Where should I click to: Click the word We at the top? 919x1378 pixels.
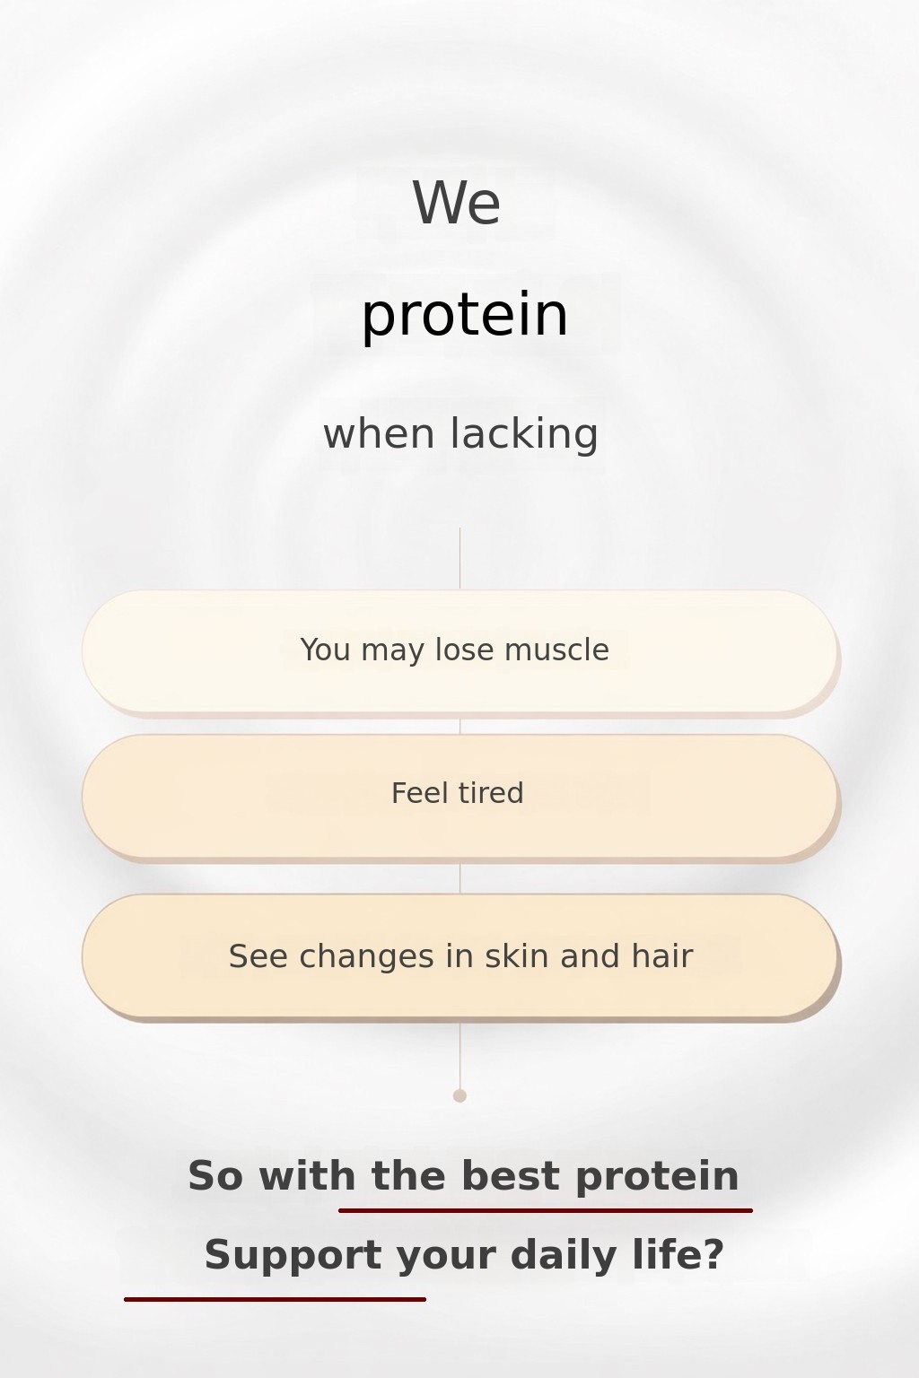(x=456, y=203)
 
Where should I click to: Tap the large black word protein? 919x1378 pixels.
(x=464, y=315)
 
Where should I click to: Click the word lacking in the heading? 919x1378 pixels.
(x=524, y=433)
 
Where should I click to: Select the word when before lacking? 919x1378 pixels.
(x=379, y=433)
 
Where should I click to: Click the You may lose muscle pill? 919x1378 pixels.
(x=460, y=652)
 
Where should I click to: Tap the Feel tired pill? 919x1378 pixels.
(x=460, y=798)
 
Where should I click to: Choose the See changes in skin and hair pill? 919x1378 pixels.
(x=460, y=957)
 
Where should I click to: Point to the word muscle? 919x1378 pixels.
(x=556, y=650)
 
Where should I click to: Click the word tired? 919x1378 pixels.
(x=490, y=792)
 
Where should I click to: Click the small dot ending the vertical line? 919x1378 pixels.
(x=459, y=1095)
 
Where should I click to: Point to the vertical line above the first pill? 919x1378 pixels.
(x=459, y=558)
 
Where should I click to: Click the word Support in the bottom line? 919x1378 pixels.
(x=293, y=1256)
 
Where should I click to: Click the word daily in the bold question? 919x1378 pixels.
(x=564, y=1256)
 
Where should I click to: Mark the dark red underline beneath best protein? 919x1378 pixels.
(x=546, y=1210)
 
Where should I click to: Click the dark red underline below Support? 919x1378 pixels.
(x=276, y=1299)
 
